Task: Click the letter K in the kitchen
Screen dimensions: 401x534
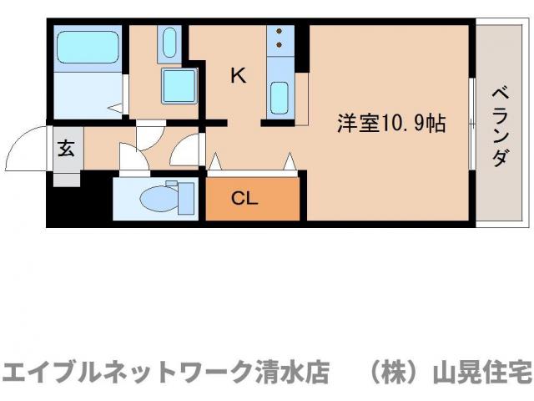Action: click(x=238, y=76)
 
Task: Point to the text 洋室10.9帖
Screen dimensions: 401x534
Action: click(x=390, y=124)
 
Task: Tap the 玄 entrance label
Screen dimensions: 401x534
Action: click(x=66, y=150)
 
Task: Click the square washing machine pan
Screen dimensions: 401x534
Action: click(x=178, y=86)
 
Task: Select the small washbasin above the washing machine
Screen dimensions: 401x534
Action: click(x=169, y=41)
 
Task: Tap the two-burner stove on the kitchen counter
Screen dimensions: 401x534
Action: click(x=279, y=38)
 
